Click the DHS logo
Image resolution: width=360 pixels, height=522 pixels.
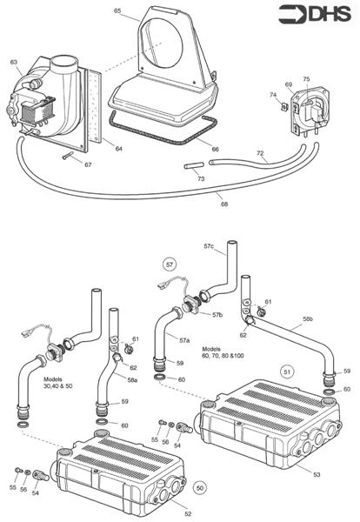315,14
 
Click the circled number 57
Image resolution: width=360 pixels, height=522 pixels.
170,264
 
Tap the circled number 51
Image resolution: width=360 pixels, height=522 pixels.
287,371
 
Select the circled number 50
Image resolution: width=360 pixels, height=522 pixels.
200,488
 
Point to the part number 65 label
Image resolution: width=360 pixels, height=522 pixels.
117,10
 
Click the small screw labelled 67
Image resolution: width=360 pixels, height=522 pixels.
68,156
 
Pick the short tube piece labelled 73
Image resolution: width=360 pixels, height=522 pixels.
194,165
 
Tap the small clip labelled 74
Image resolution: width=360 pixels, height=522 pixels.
283,106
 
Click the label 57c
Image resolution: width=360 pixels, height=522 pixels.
209,246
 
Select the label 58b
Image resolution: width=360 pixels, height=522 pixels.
308,318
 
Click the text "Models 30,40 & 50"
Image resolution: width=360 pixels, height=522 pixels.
58,383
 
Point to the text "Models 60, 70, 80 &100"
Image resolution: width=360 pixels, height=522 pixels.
223,352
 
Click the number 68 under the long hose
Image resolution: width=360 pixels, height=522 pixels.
224,204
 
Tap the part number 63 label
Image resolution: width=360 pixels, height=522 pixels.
14,63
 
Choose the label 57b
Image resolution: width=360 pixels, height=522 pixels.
217,315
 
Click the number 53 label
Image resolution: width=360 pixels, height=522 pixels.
317,474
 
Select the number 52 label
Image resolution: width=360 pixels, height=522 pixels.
188,513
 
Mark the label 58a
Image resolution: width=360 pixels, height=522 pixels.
132,380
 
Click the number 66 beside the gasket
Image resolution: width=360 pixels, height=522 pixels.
216,149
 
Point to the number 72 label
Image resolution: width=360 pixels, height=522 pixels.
260,153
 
